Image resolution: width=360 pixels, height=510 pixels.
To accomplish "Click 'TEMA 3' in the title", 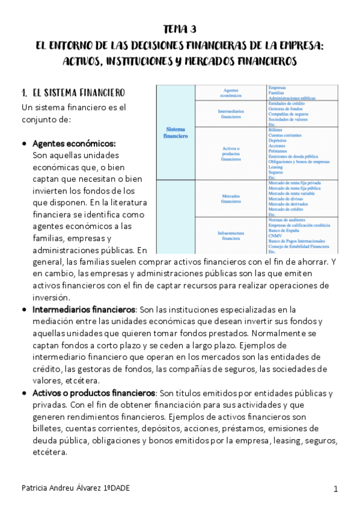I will tap(180, 29).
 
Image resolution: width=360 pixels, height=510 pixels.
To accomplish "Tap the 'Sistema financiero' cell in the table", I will tap(175, 132).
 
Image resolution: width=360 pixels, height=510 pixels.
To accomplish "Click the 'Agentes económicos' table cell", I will tap(231, 92).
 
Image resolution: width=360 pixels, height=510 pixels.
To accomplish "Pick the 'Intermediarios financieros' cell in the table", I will tap(231, 114).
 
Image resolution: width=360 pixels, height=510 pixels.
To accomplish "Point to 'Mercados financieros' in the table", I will tap(231, 198).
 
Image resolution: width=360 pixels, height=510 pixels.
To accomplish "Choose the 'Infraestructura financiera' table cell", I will tap(231, 235).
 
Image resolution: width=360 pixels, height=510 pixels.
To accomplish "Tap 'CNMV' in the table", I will tap(275, 236).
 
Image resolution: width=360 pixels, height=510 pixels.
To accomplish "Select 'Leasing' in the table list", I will tap(276, 167).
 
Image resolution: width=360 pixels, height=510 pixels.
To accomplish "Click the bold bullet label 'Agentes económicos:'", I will tap(74, 144).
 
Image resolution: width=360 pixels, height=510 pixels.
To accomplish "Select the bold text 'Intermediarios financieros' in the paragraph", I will tap(84, 309).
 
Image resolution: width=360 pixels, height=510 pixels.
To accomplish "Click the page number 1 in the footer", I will tap(335, 488).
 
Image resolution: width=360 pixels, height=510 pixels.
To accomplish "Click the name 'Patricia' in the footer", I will tap(35, 488).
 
